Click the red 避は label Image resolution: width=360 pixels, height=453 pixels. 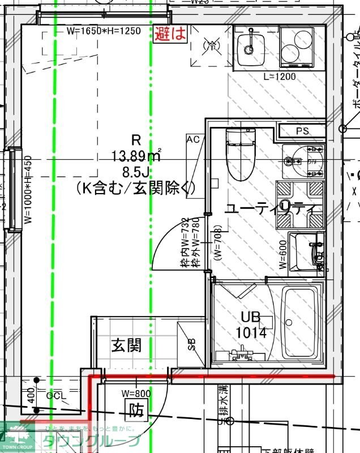point(171,33)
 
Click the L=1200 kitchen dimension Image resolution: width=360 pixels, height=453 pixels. point(280,76)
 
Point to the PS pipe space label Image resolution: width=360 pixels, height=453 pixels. point(302,131)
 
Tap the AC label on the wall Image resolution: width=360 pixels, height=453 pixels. point(193,139)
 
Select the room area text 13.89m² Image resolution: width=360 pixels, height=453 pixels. point(137,154)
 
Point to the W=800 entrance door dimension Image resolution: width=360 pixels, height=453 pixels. point(136,393)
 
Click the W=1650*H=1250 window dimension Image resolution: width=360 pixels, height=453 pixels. point(103,31)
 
